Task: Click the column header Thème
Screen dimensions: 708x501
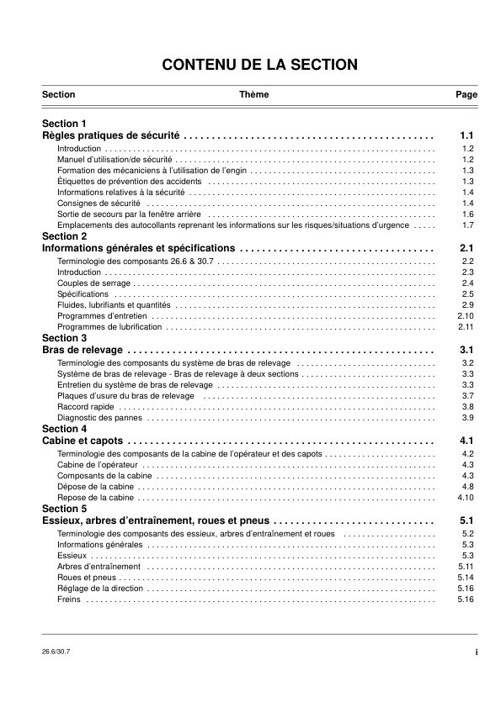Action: click(253, 95)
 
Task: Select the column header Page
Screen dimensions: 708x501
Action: click(466, 95)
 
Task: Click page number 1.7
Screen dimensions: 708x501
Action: click(468, 225)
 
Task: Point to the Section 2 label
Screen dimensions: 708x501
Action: click(64, 236)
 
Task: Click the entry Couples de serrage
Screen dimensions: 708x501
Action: click(88, 283)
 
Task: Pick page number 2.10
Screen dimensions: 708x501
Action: click(466, 315)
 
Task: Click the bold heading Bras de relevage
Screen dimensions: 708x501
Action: click(83, 350)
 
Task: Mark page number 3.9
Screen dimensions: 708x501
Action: click(468, 417)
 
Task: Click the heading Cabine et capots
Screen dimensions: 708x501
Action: click(83, 441)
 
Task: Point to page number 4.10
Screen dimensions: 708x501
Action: click(466, 498)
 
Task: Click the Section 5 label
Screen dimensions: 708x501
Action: click(64, 509)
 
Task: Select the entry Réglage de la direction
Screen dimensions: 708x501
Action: click(100, 589)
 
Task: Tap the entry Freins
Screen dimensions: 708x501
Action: click(69, 600)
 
